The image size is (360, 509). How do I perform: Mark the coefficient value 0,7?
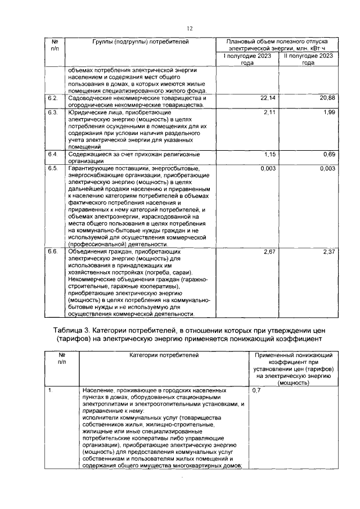coord(256,390)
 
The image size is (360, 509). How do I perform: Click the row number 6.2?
coord(53,98)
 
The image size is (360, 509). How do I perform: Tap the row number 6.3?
coord(53,113)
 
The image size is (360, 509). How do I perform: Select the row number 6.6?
coord(53,252)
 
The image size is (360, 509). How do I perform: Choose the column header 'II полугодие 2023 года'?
coord(307,60)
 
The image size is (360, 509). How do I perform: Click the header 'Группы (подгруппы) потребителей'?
coord(141,42)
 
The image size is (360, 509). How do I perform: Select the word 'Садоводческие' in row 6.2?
coord(87,98)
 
